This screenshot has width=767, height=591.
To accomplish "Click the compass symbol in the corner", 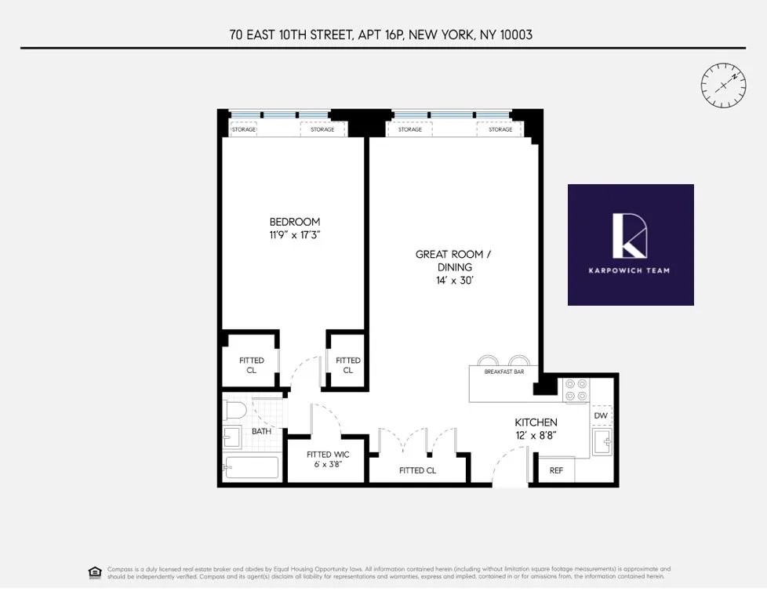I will (x=722, y=85).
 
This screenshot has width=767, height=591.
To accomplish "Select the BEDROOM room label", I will (x=295, y=222).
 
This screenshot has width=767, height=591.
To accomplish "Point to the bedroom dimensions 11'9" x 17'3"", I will (x=295, y=234).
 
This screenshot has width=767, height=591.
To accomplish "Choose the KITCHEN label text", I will (x=536, y=422).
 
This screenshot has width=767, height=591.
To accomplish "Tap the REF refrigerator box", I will (x=555, y=470).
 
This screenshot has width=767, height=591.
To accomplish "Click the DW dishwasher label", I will (x=601, y=415).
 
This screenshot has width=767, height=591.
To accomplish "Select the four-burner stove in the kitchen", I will (x=576, y=390).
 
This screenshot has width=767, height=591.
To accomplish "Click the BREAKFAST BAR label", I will (x=504, y=372).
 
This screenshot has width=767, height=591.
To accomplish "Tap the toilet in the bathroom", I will (x=235, y=411).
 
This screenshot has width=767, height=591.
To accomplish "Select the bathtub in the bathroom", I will (x=251, y=468).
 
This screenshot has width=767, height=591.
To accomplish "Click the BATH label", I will (x=261, y=431).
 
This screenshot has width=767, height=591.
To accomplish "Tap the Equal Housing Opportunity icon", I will (x=95, y=571).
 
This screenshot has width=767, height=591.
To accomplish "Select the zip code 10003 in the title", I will (x=516, y=34).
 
